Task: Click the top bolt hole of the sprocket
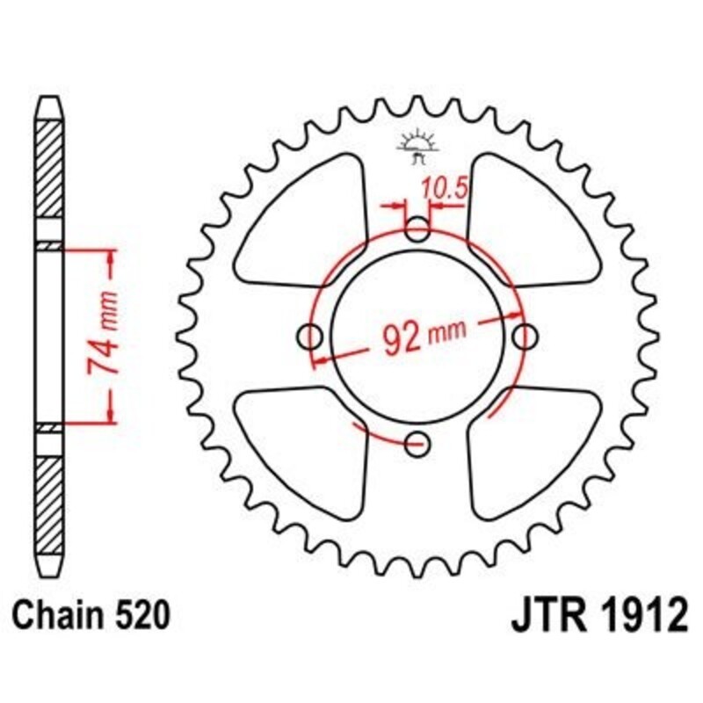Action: click(418, 231)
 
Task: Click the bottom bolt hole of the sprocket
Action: click(418, 442)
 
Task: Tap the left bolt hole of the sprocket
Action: click(310, 336)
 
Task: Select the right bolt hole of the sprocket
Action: click(525, 336)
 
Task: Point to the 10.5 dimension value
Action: click(441, 187)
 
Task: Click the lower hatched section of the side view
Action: click(49, 496)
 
